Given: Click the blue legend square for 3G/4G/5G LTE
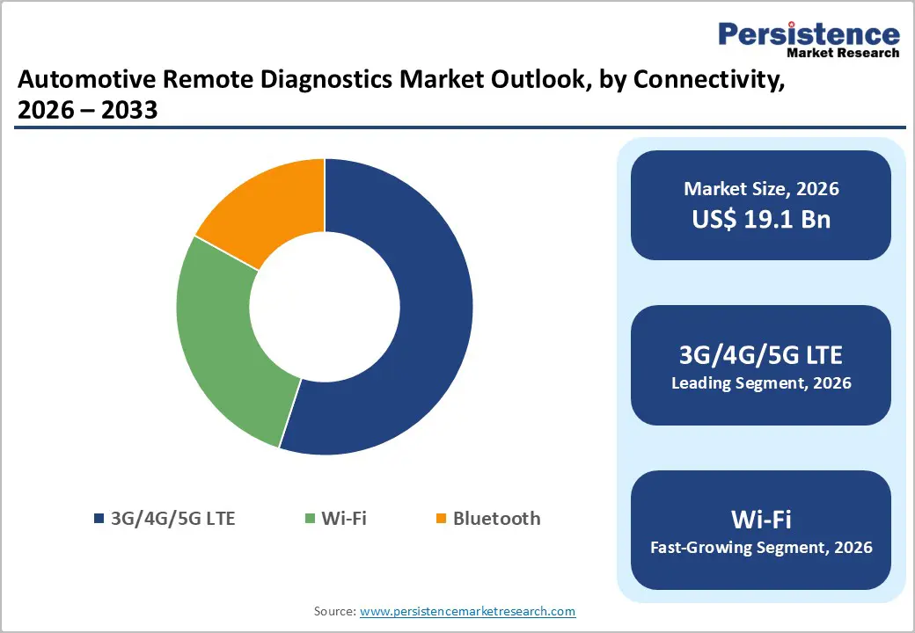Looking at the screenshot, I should [99, 519].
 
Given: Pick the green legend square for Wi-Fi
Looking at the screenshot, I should [309, 519].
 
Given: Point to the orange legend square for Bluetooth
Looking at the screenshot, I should [441, 519].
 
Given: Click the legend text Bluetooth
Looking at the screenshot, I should [496, 519].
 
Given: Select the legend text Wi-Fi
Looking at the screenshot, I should [343, 519].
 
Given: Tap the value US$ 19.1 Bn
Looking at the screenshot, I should [761, 219].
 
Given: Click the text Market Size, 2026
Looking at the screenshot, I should [761, 189].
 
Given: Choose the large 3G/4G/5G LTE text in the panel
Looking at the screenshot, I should [761, 355].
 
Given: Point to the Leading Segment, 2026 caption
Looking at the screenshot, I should [761, 383].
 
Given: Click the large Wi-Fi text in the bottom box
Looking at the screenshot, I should [761, 520].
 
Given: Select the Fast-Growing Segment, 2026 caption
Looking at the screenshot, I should [761, 548].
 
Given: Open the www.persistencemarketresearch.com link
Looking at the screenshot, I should [467, 611].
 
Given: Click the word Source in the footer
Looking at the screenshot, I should [333, 611].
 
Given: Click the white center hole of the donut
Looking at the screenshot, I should [325, 307].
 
